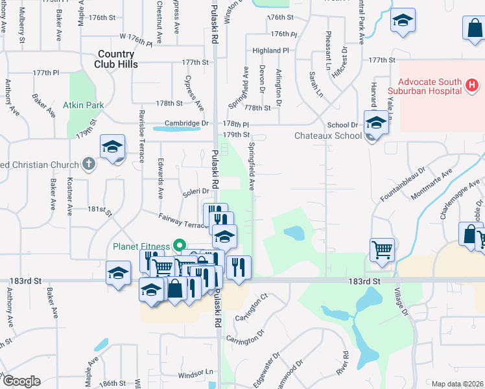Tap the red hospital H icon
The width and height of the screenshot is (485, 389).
coord(472,84)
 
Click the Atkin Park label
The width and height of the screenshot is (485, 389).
coord(84,104)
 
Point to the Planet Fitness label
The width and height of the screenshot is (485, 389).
coord(141,246)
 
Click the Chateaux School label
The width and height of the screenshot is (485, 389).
coord(328,136)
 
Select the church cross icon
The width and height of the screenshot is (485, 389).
coord(89,165)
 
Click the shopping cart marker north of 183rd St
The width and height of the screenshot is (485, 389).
coord(382,248)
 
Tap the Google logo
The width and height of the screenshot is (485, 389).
coord(21,381)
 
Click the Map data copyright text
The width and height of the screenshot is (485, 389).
coord(458,384)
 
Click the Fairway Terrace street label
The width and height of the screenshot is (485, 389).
coord(183,220)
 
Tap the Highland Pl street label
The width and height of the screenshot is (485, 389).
coord(270,50)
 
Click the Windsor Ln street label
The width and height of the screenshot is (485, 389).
coord(195,373)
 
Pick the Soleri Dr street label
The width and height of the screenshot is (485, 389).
coord(195,191)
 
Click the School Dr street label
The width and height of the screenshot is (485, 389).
coord(342,124)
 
